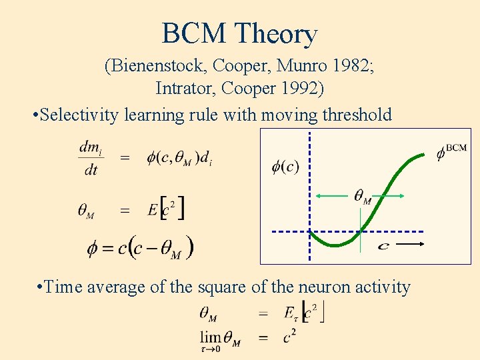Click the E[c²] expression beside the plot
pyautogui.click(x=167, y=209)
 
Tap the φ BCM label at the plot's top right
pyautogui.click(x=451, y=152)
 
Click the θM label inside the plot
pyautogui.click(x=362, y=197)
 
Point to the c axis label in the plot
pyautogui.click(x=383, y=247)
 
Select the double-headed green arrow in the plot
pyautogui.click(x=360, y=196)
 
